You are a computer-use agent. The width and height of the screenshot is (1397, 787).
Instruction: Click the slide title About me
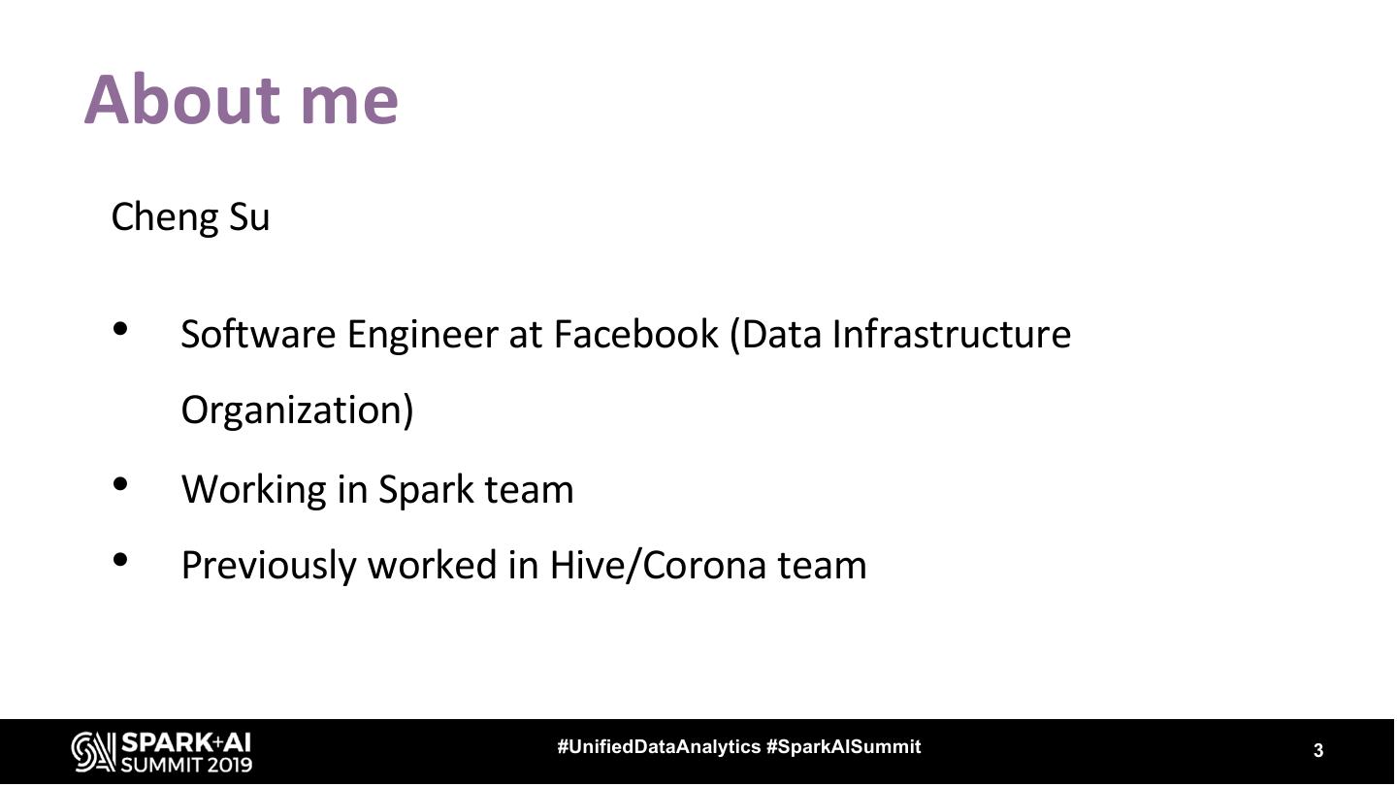tap(242, 99)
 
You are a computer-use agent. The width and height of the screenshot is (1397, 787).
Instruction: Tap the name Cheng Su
tap(190, 216)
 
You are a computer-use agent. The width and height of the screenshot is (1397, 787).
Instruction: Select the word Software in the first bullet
tap(258, 334)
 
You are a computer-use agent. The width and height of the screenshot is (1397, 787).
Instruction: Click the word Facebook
tap(635, 334)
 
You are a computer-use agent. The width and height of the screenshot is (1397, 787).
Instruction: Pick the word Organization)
tap(297, 410)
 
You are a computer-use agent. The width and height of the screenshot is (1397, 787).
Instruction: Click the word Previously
tap(269, 565)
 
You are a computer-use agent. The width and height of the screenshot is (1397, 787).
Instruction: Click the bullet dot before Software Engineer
tap(121, 329)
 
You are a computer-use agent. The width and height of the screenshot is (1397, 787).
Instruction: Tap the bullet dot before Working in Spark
tap(121, 483)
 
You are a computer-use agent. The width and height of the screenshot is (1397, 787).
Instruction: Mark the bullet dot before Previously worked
tap(121, 559)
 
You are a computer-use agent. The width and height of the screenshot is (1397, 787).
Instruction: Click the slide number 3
tap(1318, 750)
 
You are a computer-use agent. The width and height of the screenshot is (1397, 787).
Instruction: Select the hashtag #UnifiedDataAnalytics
tap(659, 747)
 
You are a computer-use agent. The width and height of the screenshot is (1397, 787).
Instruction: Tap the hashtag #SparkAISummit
tap(843, 747)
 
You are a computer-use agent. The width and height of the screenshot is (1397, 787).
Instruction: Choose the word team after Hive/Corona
tap(822, 565)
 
